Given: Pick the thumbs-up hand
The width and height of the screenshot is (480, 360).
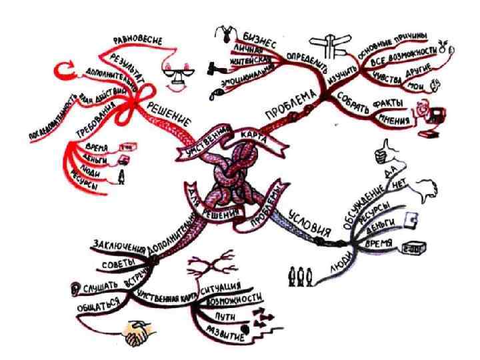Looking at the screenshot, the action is [x=382, y=151].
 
